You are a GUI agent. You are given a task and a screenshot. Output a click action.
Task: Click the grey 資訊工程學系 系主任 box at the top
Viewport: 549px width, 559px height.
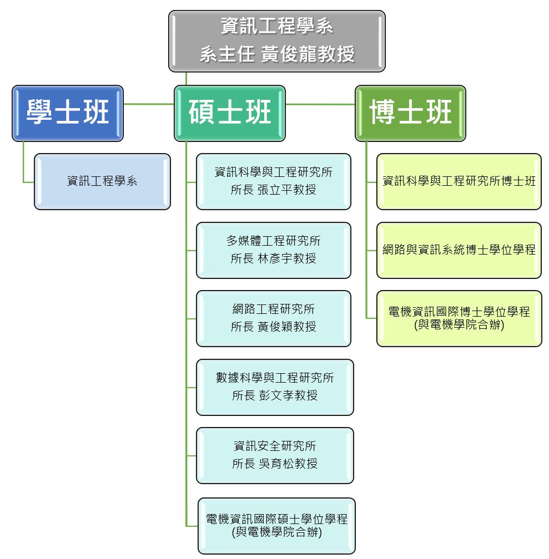(x=276, y=41)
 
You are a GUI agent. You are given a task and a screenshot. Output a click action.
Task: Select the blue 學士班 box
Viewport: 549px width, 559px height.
(x=68, y=113)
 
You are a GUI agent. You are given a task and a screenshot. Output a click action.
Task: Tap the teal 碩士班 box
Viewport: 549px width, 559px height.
(x=229, y=113)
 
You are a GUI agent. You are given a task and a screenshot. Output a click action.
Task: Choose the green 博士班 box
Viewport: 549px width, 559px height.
(x=410, y=113)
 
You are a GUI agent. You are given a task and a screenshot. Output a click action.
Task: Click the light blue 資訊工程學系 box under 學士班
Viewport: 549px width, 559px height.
(x=102, y=181)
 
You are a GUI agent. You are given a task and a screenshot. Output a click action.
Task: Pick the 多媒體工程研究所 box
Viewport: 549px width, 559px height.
(x=274, y=250)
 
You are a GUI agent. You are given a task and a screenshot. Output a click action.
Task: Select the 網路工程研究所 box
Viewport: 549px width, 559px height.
(x=274, y=318)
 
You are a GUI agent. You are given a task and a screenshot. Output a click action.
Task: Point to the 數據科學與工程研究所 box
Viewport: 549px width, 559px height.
(x=275, y=387)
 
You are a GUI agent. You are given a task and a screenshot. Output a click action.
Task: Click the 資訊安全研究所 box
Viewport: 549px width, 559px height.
(x=275, y=456)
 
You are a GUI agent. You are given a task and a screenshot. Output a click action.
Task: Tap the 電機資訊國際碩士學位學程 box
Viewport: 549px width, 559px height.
(x=276, y=526)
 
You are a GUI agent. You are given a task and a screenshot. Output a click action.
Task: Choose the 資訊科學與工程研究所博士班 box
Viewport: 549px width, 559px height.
(x=459, y=181)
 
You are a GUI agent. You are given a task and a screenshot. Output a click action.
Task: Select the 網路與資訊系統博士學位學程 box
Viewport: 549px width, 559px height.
(x=459, y=250)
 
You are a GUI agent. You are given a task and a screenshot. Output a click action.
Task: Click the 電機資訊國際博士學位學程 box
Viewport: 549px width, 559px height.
(x=459, y=318)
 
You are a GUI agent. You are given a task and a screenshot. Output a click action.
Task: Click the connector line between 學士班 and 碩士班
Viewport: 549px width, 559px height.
(x=149, y=104)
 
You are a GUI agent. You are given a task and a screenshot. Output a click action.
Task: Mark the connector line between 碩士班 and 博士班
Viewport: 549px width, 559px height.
(x=320, y=104)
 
